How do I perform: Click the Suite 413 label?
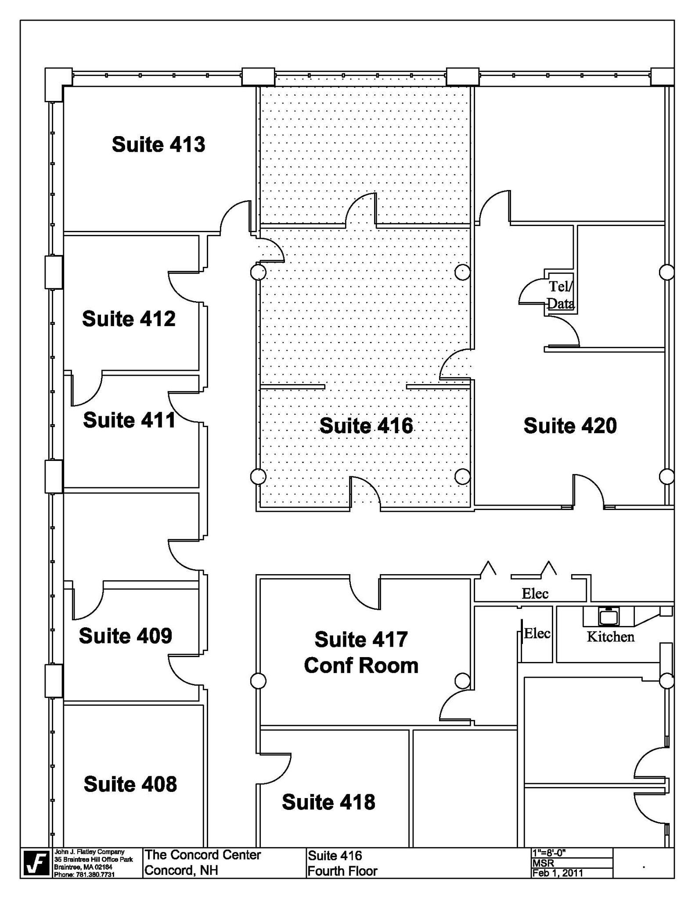[x=158, y=144]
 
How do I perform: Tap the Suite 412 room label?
[x=129, y=319]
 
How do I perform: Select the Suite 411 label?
[x=129, y=420]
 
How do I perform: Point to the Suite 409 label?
[x=126, y=636]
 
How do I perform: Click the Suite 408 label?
[x=130, y=784]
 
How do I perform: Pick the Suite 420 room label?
[x=570, y=425]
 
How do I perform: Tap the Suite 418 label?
[x=328, y=802]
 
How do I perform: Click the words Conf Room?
[x=361, y=665]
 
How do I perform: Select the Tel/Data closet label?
[x=561, y=295]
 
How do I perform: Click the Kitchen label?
[x=611, y=636]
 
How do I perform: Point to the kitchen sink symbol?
[x=608, y=616]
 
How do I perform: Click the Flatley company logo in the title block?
[x=36, y=863]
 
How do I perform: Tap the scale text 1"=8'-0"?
[x=549, y=853]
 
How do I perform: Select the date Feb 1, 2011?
[x=558, y=873]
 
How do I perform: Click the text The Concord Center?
[x=203, y=855]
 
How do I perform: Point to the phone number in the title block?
[x=84, y=874]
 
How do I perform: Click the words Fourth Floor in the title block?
[x=342, y=871]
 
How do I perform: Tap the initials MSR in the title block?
[x=543, y=863]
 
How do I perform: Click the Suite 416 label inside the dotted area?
[x=366, y=425]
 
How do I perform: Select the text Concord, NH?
[x=181, y=870]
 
